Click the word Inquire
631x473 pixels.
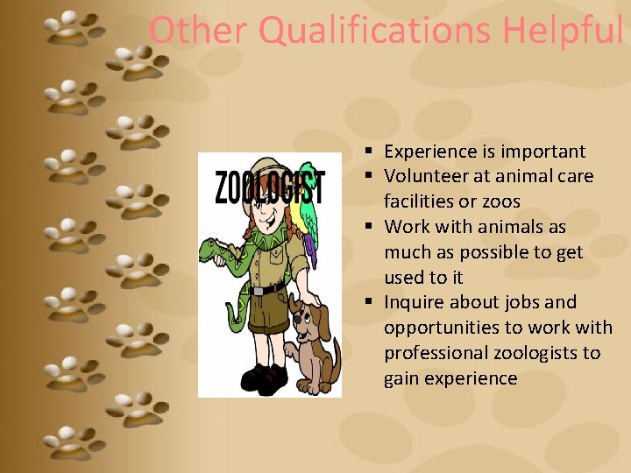pyautogui.click(x=417, y=302)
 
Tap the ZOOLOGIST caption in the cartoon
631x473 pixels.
pyautogui.click(x=269, y=187)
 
